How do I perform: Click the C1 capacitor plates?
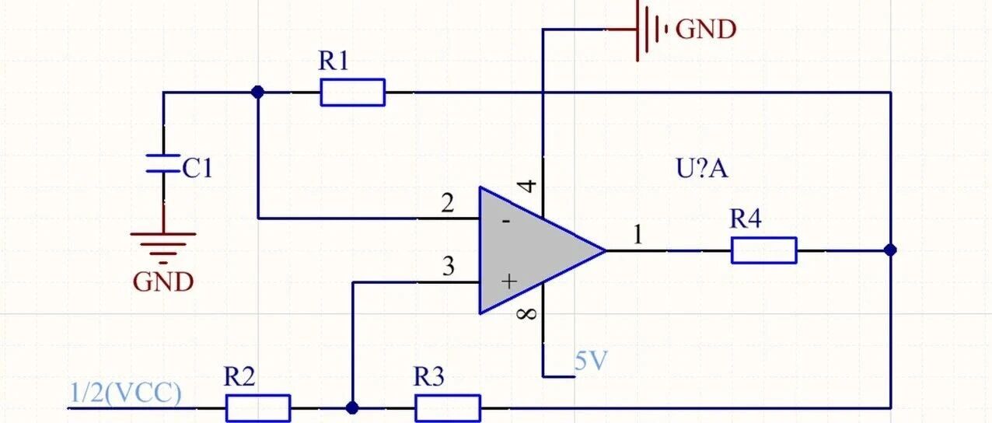pos(163,163)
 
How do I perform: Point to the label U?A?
pos(702,169)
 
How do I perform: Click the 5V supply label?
pos(591,361)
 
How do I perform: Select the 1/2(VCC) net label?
pos(126,393)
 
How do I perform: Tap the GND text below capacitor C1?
pos(163,282)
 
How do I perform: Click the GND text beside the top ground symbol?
pos(707,30)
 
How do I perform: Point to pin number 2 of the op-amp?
pos(448,203)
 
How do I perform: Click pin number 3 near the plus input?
pos(449,267)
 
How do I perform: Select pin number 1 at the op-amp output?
pos(637,234)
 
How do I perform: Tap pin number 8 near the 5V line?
pos(526,314)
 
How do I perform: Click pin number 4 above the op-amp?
pos(527,186)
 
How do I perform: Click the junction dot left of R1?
pos(257,92)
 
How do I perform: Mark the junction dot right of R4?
pos(890,250)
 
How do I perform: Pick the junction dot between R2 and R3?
pos(352,407)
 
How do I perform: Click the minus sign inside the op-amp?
pos(506,221)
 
